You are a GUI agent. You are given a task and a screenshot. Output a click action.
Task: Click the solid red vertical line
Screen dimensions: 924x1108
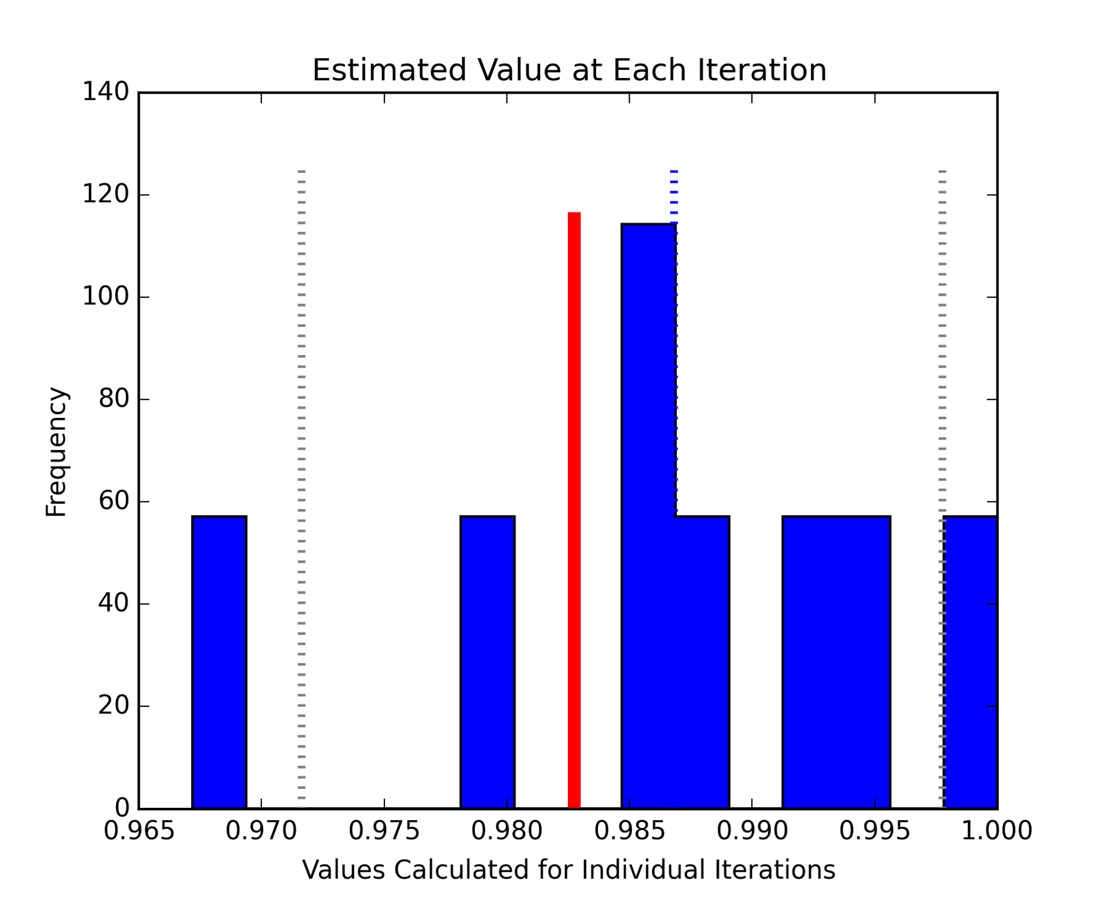click(574, 508)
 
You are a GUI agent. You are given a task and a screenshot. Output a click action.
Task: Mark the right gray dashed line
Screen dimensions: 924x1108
click(942, 346)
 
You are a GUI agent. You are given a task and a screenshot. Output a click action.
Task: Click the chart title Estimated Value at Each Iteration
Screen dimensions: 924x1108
click(569, 70)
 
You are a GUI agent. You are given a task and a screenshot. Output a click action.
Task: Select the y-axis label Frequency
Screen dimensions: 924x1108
click(56, 452)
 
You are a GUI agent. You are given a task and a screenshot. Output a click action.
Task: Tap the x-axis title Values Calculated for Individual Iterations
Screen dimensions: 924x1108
click(568, 870)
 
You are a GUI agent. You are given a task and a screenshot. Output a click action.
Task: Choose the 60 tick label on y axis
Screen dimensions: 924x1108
click(113, 501)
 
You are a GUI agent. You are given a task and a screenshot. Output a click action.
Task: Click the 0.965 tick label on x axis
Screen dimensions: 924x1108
click(138, 831)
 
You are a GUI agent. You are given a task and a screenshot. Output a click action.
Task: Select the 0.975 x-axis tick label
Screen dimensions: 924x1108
click(384, 831)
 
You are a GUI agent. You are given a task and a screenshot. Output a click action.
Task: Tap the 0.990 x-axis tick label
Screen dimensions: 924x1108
click(752, 831)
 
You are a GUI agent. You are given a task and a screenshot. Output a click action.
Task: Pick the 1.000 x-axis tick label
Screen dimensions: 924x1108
click(997, 831)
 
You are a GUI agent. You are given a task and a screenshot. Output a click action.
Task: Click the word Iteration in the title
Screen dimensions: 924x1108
click(762, 70)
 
